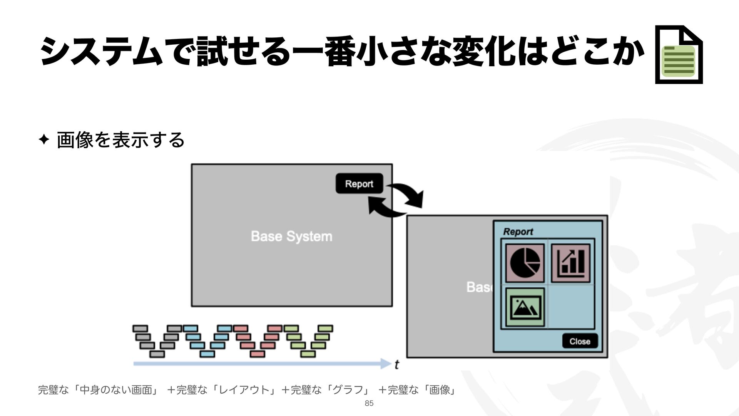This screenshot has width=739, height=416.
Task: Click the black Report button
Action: (x=359, y=184)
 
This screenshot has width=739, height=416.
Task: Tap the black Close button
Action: (x=580, y=341)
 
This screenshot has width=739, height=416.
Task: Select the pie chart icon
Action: (x=525, y=263)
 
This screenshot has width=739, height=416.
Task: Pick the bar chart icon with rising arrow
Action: (x=571, y=263)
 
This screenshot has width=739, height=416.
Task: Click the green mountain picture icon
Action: (x=525, y=307)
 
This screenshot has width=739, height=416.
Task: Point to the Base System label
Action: (x=291, y=236)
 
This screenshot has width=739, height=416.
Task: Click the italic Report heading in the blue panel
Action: (x=518, y=232)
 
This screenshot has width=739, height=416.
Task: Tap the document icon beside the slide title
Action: (x=679, y=55)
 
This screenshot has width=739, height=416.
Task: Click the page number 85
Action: (x=369, y=403)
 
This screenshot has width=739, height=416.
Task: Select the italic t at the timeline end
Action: (x=396, y=364)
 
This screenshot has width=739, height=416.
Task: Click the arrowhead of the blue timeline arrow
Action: (x=386, y=364)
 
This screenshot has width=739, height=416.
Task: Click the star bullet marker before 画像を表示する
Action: (x=43, y=140)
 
